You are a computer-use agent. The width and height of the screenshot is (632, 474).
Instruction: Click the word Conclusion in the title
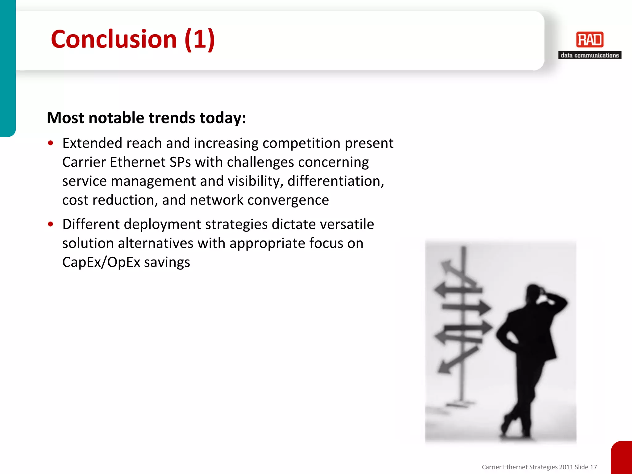114,39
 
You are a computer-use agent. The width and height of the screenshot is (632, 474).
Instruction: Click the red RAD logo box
590,40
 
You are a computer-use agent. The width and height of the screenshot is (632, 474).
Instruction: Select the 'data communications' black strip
590,55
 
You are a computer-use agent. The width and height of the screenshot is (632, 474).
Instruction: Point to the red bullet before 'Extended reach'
51,143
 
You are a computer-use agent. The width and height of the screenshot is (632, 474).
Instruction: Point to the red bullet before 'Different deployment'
51,224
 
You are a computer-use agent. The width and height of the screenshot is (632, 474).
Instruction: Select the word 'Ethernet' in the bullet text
138,162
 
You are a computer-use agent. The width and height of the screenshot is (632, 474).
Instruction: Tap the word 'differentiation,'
336,181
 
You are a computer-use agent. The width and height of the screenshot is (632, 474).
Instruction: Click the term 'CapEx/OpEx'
101,262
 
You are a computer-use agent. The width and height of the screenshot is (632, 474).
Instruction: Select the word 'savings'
167,262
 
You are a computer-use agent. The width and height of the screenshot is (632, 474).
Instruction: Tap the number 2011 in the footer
566,467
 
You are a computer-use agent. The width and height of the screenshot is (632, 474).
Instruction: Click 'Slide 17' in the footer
586,467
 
